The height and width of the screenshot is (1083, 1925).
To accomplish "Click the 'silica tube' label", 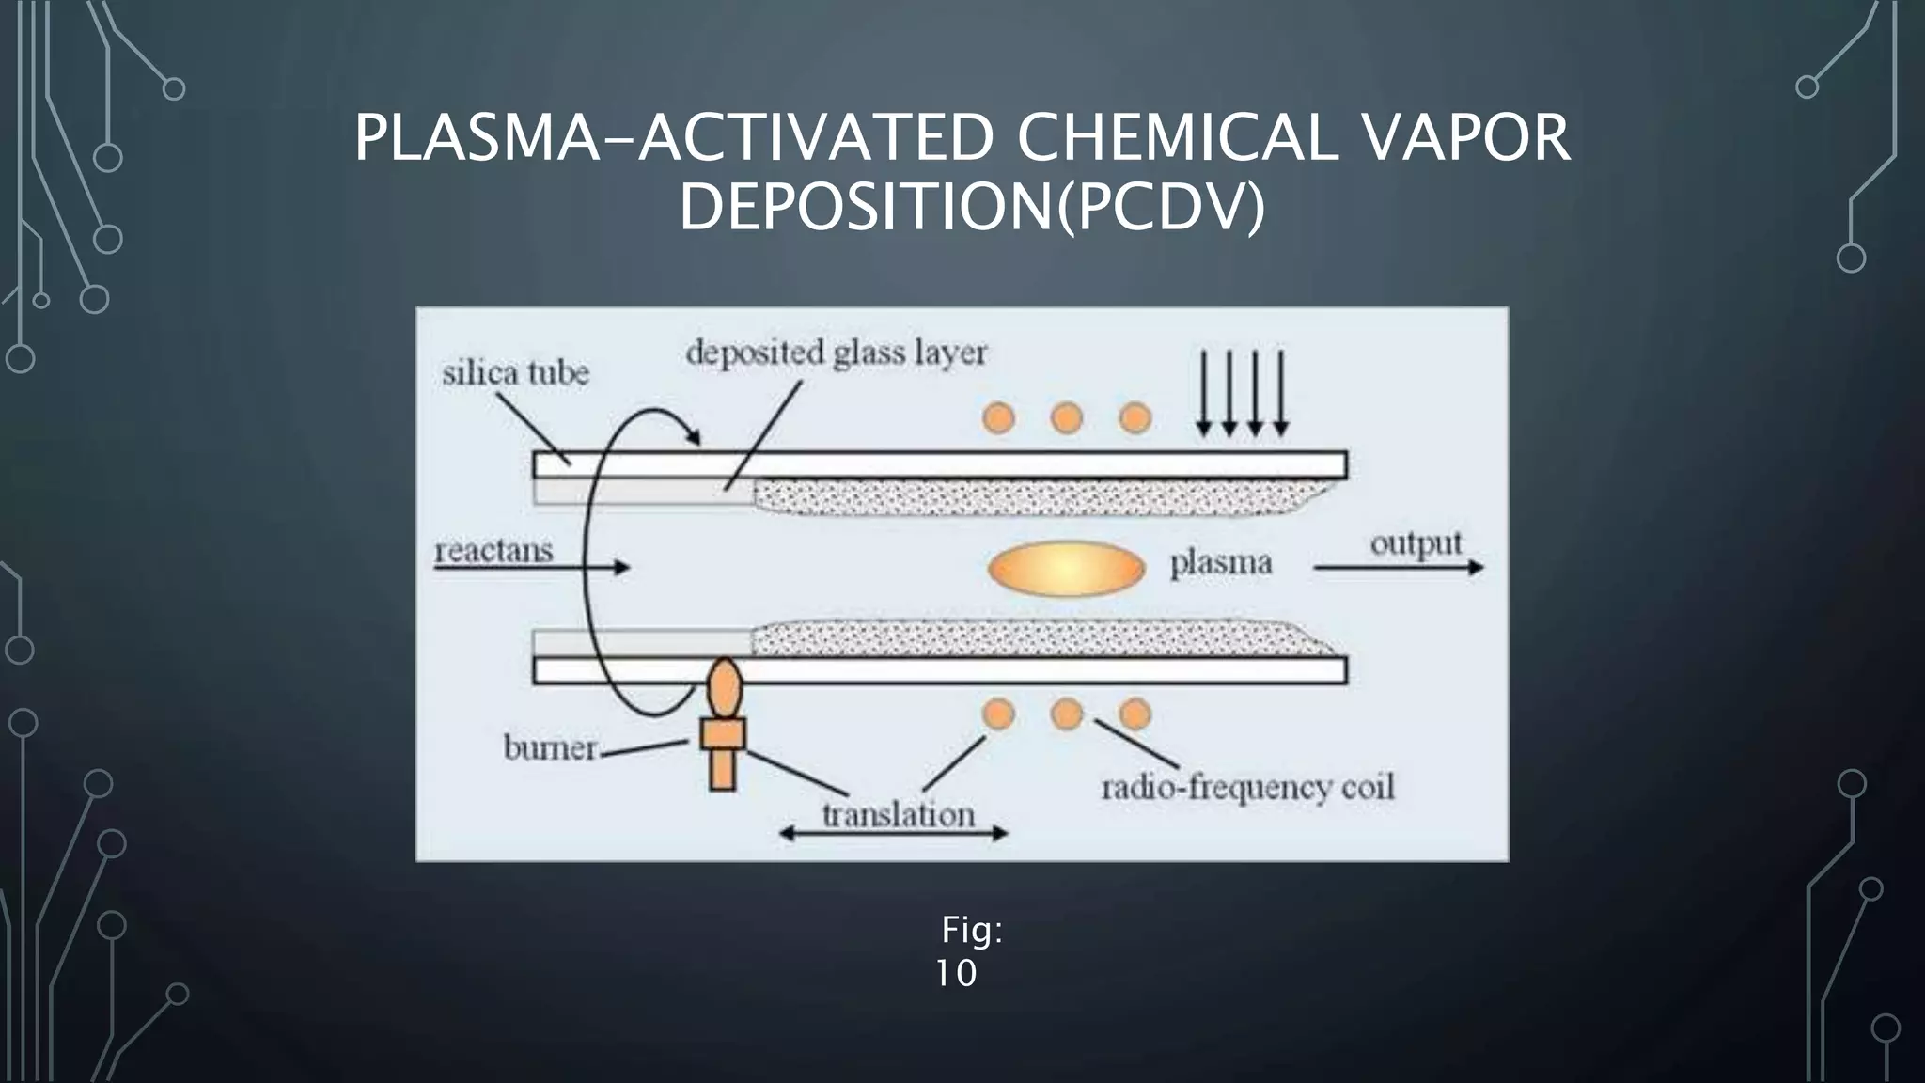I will pyautogui.click(x=515, y=373).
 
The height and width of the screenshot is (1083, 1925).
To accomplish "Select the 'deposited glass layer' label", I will pyautogui.click(x=836, y=353).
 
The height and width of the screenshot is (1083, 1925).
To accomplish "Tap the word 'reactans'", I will pyautogui.click(x=493, y=550).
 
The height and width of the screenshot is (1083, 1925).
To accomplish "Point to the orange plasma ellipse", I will pyautogui.click(x=1066, y=569).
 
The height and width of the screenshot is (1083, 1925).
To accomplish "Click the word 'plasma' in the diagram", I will pyautogui.click(x=1220, y=564).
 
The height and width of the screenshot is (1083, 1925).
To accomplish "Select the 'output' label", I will pyautogui.click(x=1416, y=544).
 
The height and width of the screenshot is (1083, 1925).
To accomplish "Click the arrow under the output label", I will pyautogui.click(x=1398, y=568).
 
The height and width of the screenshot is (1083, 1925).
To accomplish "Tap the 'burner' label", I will pyautogui.click(x=550, y=748).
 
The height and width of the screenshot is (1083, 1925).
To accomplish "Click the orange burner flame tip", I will pyautogui.click(x=724, y=687).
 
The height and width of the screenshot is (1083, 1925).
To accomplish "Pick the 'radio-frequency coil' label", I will pyautogui.click(x=1247, y=787).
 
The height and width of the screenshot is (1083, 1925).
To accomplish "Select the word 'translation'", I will pyautogui.click(x=898, y=814).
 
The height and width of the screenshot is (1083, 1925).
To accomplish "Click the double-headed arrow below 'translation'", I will pyautogui.click(x=894, y=833).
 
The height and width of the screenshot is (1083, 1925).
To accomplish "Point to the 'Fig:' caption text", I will pyautogui.click(x=972, y=931).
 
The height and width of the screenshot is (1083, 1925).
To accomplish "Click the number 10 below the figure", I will pyautogui.click(x=956, y=974).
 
